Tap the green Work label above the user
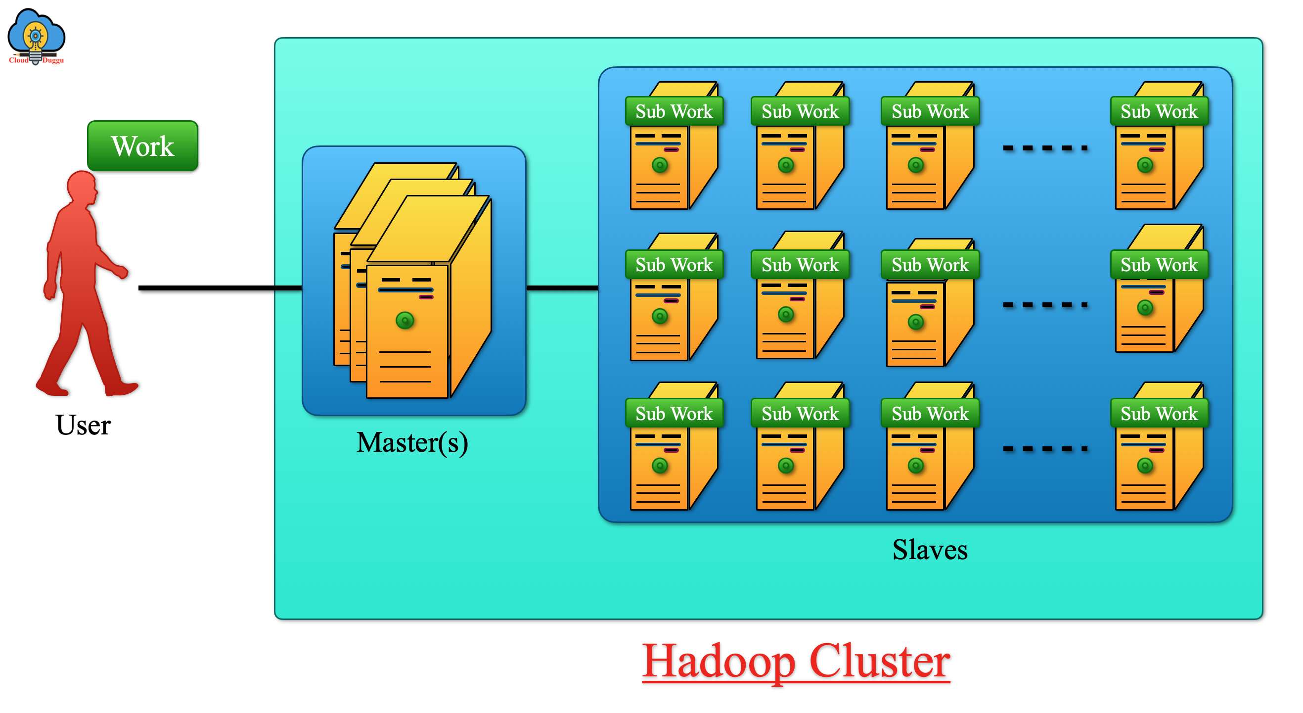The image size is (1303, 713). click(x=142, y=146)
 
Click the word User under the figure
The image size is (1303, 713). click(x=83, y=425)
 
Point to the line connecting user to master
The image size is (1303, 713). click(x=220, y=288)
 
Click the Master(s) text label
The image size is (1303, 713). click(x=412, y=443)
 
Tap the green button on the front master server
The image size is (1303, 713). click(x=404, y=320)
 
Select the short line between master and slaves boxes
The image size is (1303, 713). click(x=561, y=288)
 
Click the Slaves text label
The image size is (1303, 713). click(x=930, y=550)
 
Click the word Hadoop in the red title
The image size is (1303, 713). click(x=719, y=662)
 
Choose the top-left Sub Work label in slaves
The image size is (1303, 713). click(x=674, y=111)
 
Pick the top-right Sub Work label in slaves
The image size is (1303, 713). click(x=1159, y=111)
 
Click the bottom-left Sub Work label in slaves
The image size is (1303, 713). click(x=674, y=414)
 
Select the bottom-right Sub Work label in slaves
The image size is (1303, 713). click(x=1159, y=414)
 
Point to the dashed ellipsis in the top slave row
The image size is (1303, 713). click(x=1045, y=148)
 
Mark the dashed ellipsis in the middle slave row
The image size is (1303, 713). click(x=1045, y=305)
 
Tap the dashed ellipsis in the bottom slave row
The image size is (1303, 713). click(x=1045, y=449)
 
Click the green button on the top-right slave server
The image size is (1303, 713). click(x=1145, y=165)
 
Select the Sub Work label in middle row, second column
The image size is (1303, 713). click(x=800, y=265)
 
